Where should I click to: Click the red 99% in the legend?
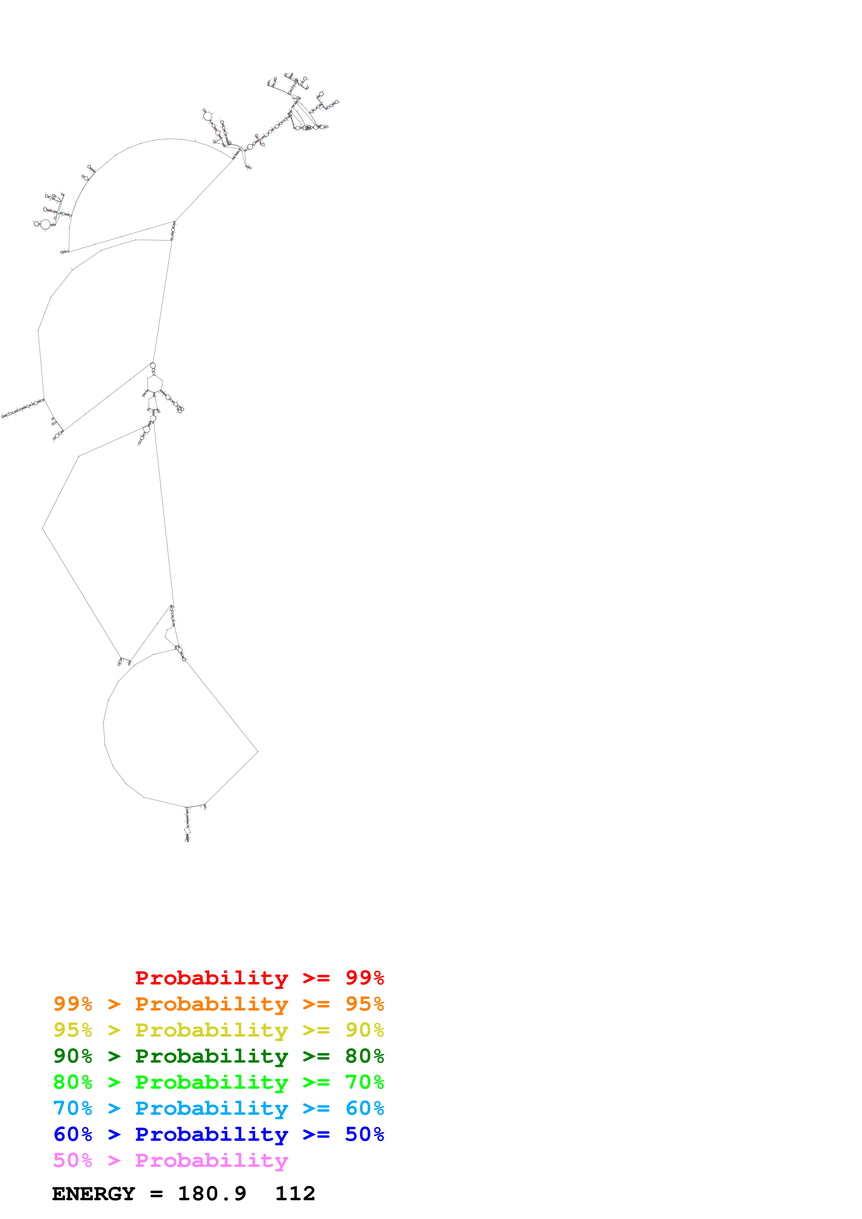coord(364,977)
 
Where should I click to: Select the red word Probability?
coord(211,977)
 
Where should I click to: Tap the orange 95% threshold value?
coord(364,1004)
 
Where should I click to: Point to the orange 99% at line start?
coord(73,1004)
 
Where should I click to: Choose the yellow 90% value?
coord(364,1030)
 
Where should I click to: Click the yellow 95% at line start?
coord(73,1030)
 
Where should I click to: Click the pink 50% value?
coord(73,1160)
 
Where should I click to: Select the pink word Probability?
coord(211,1160)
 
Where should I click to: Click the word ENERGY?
coord(94,1194)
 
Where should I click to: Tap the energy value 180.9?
coord(212,1194)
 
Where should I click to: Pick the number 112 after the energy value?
coord(295,1194)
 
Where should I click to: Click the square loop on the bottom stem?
coord(187,831)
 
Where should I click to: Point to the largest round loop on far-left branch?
coord(46,224)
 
